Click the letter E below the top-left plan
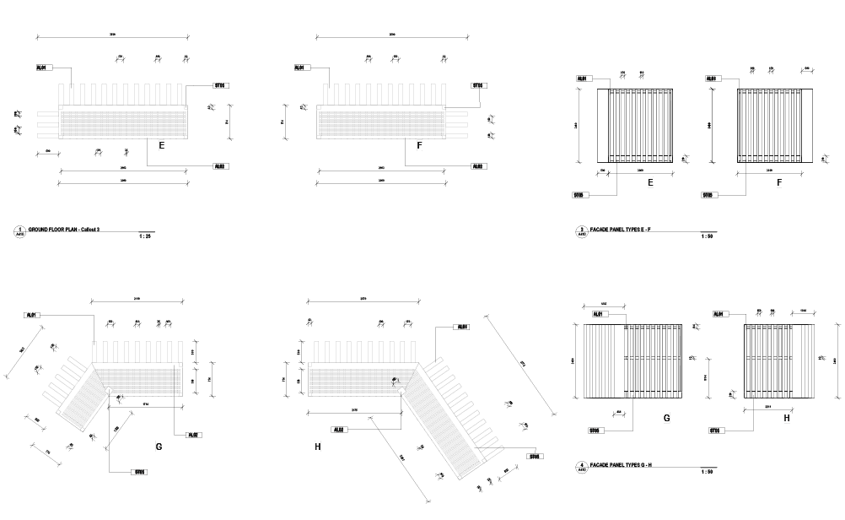(161, 146)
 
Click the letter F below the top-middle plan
(419, 146)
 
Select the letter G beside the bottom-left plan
(159, 446)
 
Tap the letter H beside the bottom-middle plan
(317, 446)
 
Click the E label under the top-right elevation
(650, 181)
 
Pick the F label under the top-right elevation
(779, 181)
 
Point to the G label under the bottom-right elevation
(666, 417)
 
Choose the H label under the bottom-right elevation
(787, 417)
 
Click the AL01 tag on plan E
(40, 68)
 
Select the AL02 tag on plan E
(219, 166)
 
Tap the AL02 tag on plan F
(477, 166)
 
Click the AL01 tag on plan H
(460, 327)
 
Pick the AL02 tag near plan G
(193, 435)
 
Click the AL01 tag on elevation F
(710, 79)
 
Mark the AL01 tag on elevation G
(599, 314)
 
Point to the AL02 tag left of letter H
(338, 430)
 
